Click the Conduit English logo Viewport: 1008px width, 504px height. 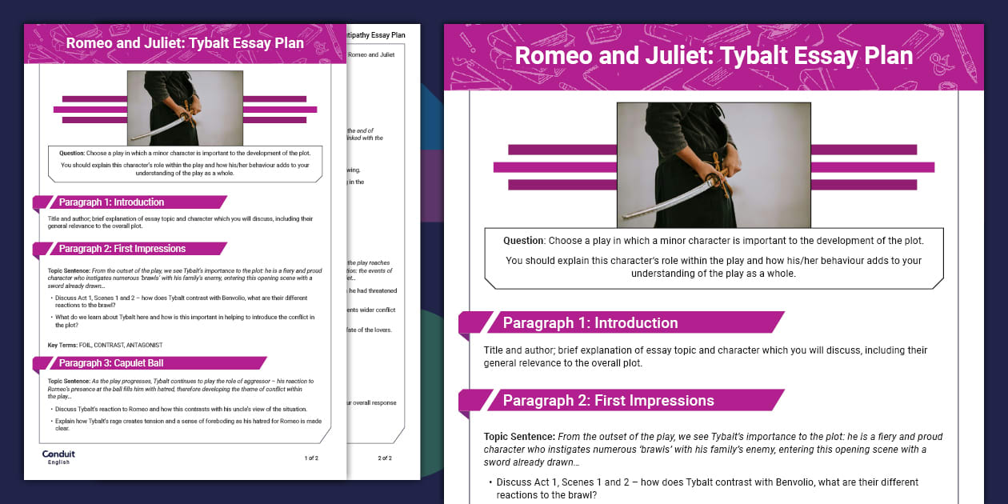(58, 457)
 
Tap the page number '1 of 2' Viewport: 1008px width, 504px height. (311, 458)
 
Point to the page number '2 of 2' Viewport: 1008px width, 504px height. (384, 458)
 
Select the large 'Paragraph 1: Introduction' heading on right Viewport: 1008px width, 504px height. (590, 323)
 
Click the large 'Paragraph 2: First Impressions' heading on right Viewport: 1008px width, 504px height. (608, 401)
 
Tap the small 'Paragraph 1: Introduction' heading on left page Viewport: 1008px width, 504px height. (111, 202)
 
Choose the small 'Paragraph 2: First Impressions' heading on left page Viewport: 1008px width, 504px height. (122, 249)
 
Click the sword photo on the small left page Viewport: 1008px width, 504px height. (185, 108)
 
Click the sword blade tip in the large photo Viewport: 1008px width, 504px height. (626, 217)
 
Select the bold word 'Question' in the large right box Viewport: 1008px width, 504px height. (523, 241)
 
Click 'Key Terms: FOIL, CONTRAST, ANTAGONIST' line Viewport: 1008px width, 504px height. (105, 345)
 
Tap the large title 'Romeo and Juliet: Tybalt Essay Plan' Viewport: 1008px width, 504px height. (714, 56)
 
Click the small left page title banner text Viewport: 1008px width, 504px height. (185, 43)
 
